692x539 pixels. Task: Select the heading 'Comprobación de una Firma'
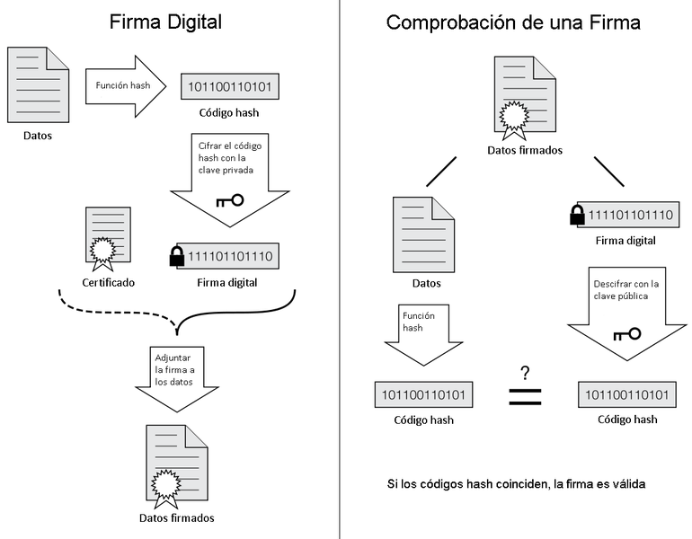click(x=513, y=22)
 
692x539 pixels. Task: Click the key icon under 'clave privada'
click(x=229, y=199)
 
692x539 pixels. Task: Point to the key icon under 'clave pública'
click(x=626, y=334)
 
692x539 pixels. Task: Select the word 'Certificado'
click(x=109, y=282)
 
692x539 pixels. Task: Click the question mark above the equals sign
click(x=525, y=371)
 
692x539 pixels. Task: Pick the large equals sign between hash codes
click(x=525, y=396)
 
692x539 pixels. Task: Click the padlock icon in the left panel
click(x=177, y=258)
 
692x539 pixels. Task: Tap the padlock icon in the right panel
click(x=577, y=216)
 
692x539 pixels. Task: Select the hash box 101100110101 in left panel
click(x=230, y=87)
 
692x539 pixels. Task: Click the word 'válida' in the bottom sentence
click(x=625, y=484)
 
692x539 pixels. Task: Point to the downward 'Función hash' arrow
click(x=422, y=335)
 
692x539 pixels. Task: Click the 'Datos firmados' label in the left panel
click(x=177, y=517)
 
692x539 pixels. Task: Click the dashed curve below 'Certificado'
click(x=117, y=310)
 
